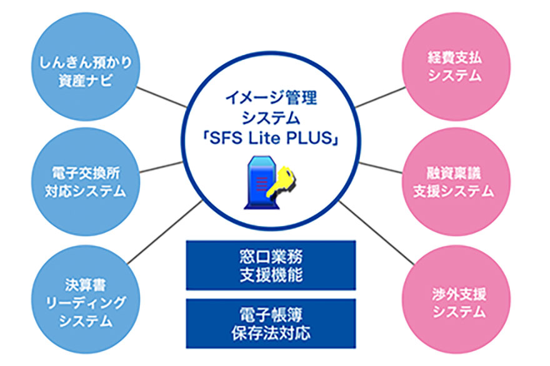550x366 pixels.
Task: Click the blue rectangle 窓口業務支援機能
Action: (271, 265)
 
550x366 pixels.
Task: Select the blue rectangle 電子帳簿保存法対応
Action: (271, 324)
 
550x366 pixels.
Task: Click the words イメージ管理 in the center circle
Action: (271, 98)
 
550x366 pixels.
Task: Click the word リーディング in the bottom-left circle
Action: (86, 302)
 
